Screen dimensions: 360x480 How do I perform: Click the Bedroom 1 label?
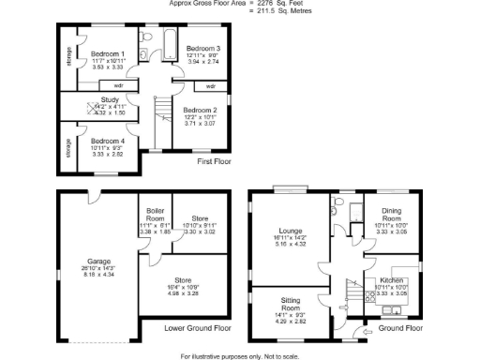coord(108,53)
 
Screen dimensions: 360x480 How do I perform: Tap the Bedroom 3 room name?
coord(202,48)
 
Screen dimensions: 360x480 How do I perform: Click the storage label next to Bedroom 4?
coord(68,149)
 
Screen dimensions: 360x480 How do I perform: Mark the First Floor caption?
coord(214,161)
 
